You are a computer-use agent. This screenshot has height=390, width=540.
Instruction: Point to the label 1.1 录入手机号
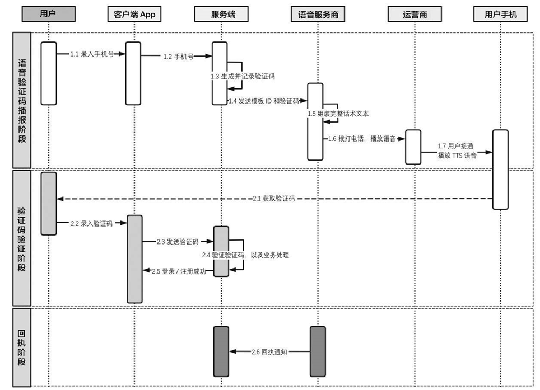(x=92, y=54)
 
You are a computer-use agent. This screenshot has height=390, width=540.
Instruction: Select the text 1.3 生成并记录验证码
(x=243, y=76)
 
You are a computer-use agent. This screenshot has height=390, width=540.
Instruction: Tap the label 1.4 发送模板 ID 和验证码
(x=263, y=101)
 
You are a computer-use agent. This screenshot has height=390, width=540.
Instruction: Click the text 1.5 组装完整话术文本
(x=337, y=114)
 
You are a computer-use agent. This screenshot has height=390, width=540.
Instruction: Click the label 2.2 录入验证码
(x=91, y=223)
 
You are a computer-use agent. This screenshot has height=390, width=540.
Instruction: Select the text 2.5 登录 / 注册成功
(x=179, y=271)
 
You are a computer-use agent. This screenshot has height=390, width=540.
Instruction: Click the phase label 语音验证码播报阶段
(x=22, y=100)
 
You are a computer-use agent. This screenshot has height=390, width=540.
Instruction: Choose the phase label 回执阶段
(x=22, y=347)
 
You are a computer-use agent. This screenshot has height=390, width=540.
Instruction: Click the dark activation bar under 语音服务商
(x=318, y=351)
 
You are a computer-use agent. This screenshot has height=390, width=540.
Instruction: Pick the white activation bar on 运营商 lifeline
(x=413, y=147)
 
